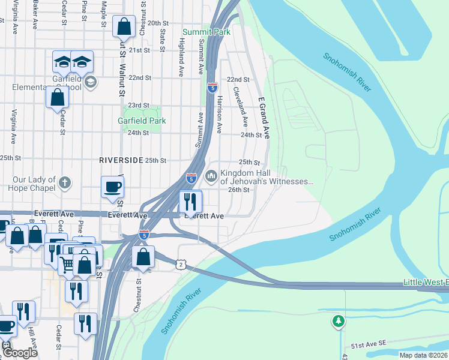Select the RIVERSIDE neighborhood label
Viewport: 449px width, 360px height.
[x=121, y=161]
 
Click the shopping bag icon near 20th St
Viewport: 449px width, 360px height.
[x=124, y=27]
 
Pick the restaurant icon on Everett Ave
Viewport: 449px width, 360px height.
[x=191, y=201]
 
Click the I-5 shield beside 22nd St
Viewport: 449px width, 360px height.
[x=212, y=88]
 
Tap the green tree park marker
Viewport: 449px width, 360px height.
[x=339, y=322]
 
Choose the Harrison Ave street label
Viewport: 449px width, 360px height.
[x=220, y=113]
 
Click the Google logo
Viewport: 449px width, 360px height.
[x=19, y=353]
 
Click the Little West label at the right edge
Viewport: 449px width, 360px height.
[x=425, y=283]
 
